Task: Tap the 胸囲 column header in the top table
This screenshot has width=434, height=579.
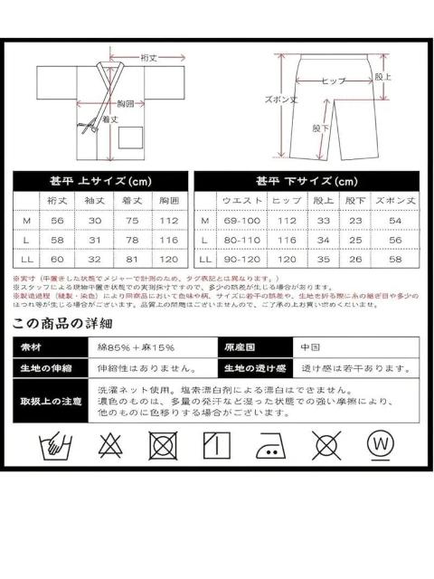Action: tap(167, 198)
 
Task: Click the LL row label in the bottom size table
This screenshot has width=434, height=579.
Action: tap(205, 260)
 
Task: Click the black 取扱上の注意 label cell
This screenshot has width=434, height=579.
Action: tap(50, 401)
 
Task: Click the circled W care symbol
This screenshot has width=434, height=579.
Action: tap(379, 445)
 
